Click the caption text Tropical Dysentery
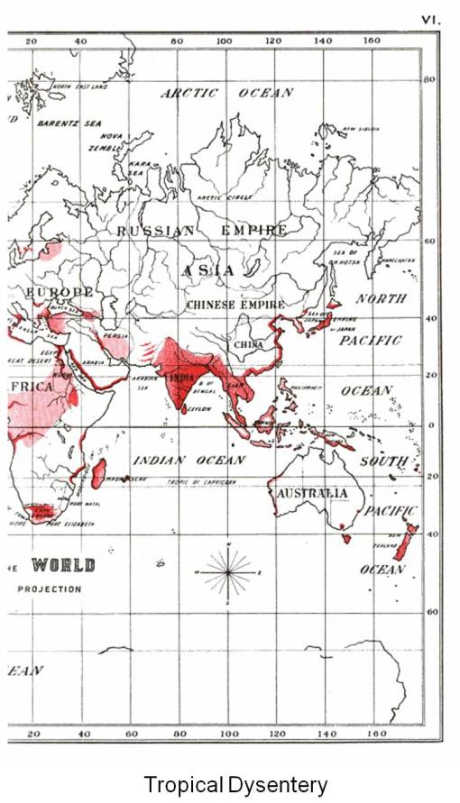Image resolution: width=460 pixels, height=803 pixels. [235, 784]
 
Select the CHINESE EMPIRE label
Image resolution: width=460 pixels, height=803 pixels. [235, 306]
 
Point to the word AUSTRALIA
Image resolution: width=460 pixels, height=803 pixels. [311, 494]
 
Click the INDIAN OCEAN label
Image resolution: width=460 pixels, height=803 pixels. [189, 461]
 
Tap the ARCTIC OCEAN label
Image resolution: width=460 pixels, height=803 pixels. [226, 93]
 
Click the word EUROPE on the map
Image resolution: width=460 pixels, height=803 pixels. [60, 293]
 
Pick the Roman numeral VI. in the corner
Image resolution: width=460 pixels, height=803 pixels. [430, 17]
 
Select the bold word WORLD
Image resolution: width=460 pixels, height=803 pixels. [63, 566]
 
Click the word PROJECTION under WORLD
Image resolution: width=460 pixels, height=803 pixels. [49, 589]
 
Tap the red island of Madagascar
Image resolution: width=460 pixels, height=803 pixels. [98, 473]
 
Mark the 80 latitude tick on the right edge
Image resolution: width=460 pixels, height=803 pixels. [430, 79]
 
